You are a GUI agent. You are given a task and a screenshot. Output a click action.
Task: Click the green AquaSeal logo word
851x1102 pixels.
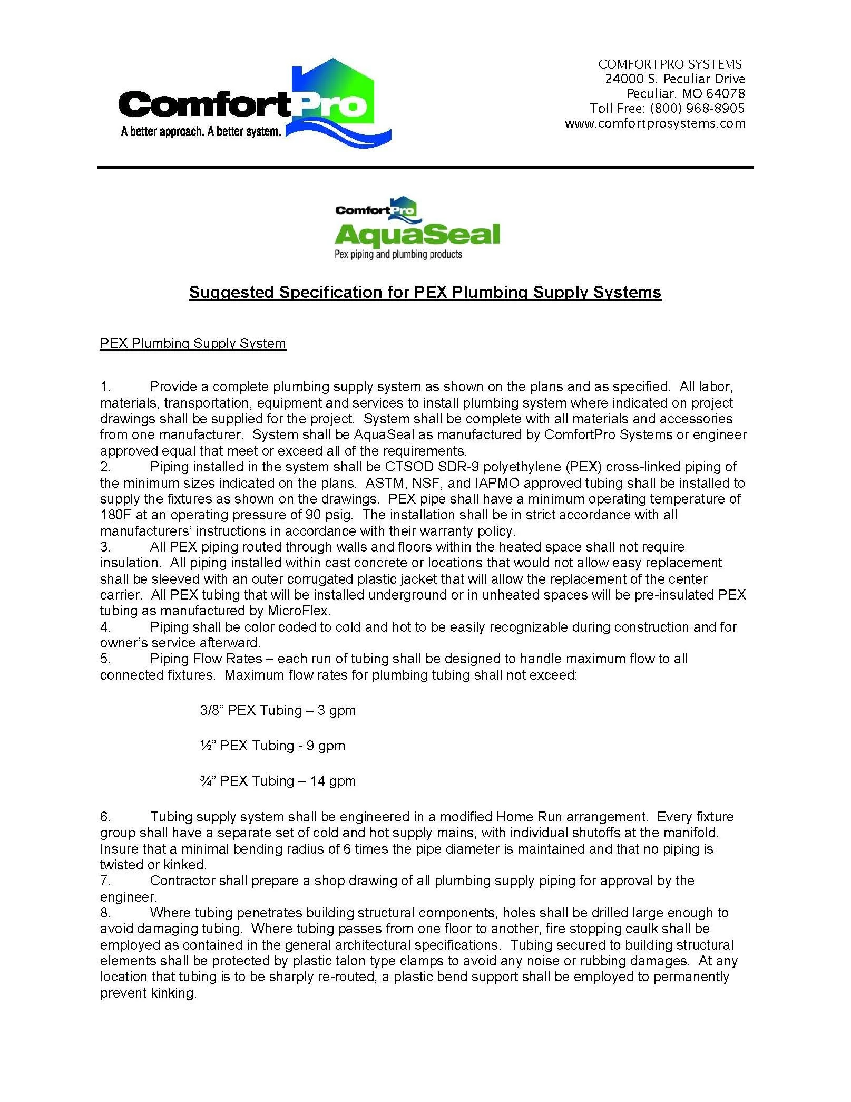tap(417, 235)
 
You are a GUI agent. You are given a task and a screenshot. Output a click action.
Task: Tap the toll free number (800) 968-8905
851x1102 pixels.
tap(697, 109)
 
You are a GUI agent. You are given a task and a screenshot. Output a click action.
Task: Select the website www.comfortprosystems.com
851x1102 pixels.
tap(655, 123)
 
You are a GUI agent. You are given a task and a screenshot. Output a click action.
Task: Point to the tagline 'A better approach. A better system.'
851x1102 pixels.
tap(201, 131)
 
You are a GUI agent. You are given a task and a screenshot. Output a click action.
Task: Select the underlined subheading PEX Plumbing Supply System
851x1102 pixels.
tap(193, 343)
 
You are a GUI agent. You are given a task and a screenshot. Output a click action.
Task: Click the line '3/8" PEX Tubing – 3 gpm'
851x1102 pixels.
tap(278, 710)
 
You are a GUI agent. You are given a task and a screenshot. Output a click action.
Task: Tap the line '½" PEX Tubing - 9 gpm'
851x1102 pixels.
tap(272, 746)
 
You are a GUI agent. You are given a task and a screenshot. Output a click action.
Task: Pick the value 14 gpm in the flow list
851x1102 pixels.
tap(332, 781)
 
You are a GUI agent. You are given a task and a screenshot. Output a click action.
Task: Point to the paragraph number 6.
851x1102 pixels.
tap(105, 817)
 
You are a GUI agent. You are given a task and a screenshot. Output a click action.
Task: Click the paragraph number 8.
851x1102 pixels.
tap(105, 913)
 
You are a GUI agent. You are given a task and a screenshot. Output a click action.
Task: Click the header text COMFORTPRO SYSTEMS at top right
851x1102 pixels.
tap(670, 64)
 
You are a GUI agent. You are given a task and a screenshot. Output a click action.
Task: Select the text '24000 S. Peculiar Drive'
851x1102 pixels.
tap(674, 79)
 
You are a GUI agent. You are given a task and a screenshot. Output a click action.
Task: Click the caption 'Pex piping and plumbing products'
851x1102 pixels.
tap(398, 255)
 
